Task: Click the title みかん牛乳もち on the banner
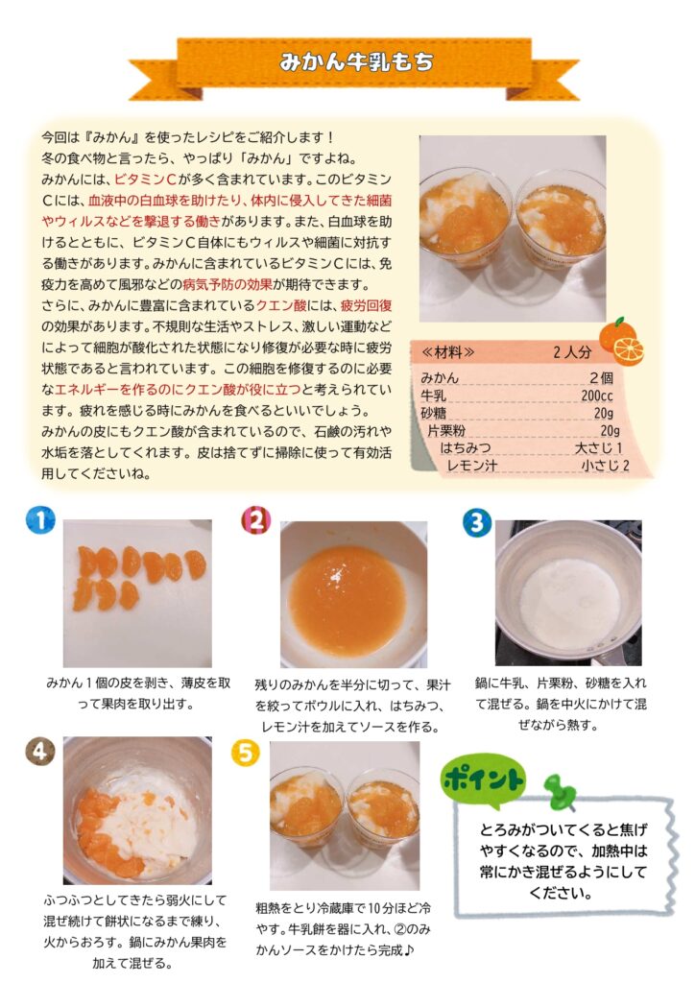point(356,62)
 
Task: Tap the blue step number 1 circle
point(40,520)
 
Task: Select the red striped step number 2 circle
point(255,519)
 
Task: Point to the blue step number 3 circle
point(477,522)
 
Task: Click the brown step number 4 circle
point(40,751)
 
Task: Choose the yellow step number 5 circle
point(246,753)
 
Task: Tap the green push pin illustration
point(558,792)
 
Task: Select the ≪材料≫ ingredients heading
point(448,352)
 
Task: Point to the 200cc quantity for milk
point(597,396)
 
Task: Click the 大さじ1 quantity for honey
point(599,447)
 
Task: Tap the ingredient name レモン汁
point(472,466)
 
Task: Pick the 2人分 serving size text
point(572,352)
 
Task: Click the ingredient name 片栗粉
point(446,431)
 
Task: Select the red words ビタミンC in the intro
point(145,180)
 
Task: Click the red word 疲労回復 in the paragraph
point(366,305)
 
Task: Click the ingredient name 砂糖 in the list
point(434,413)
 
